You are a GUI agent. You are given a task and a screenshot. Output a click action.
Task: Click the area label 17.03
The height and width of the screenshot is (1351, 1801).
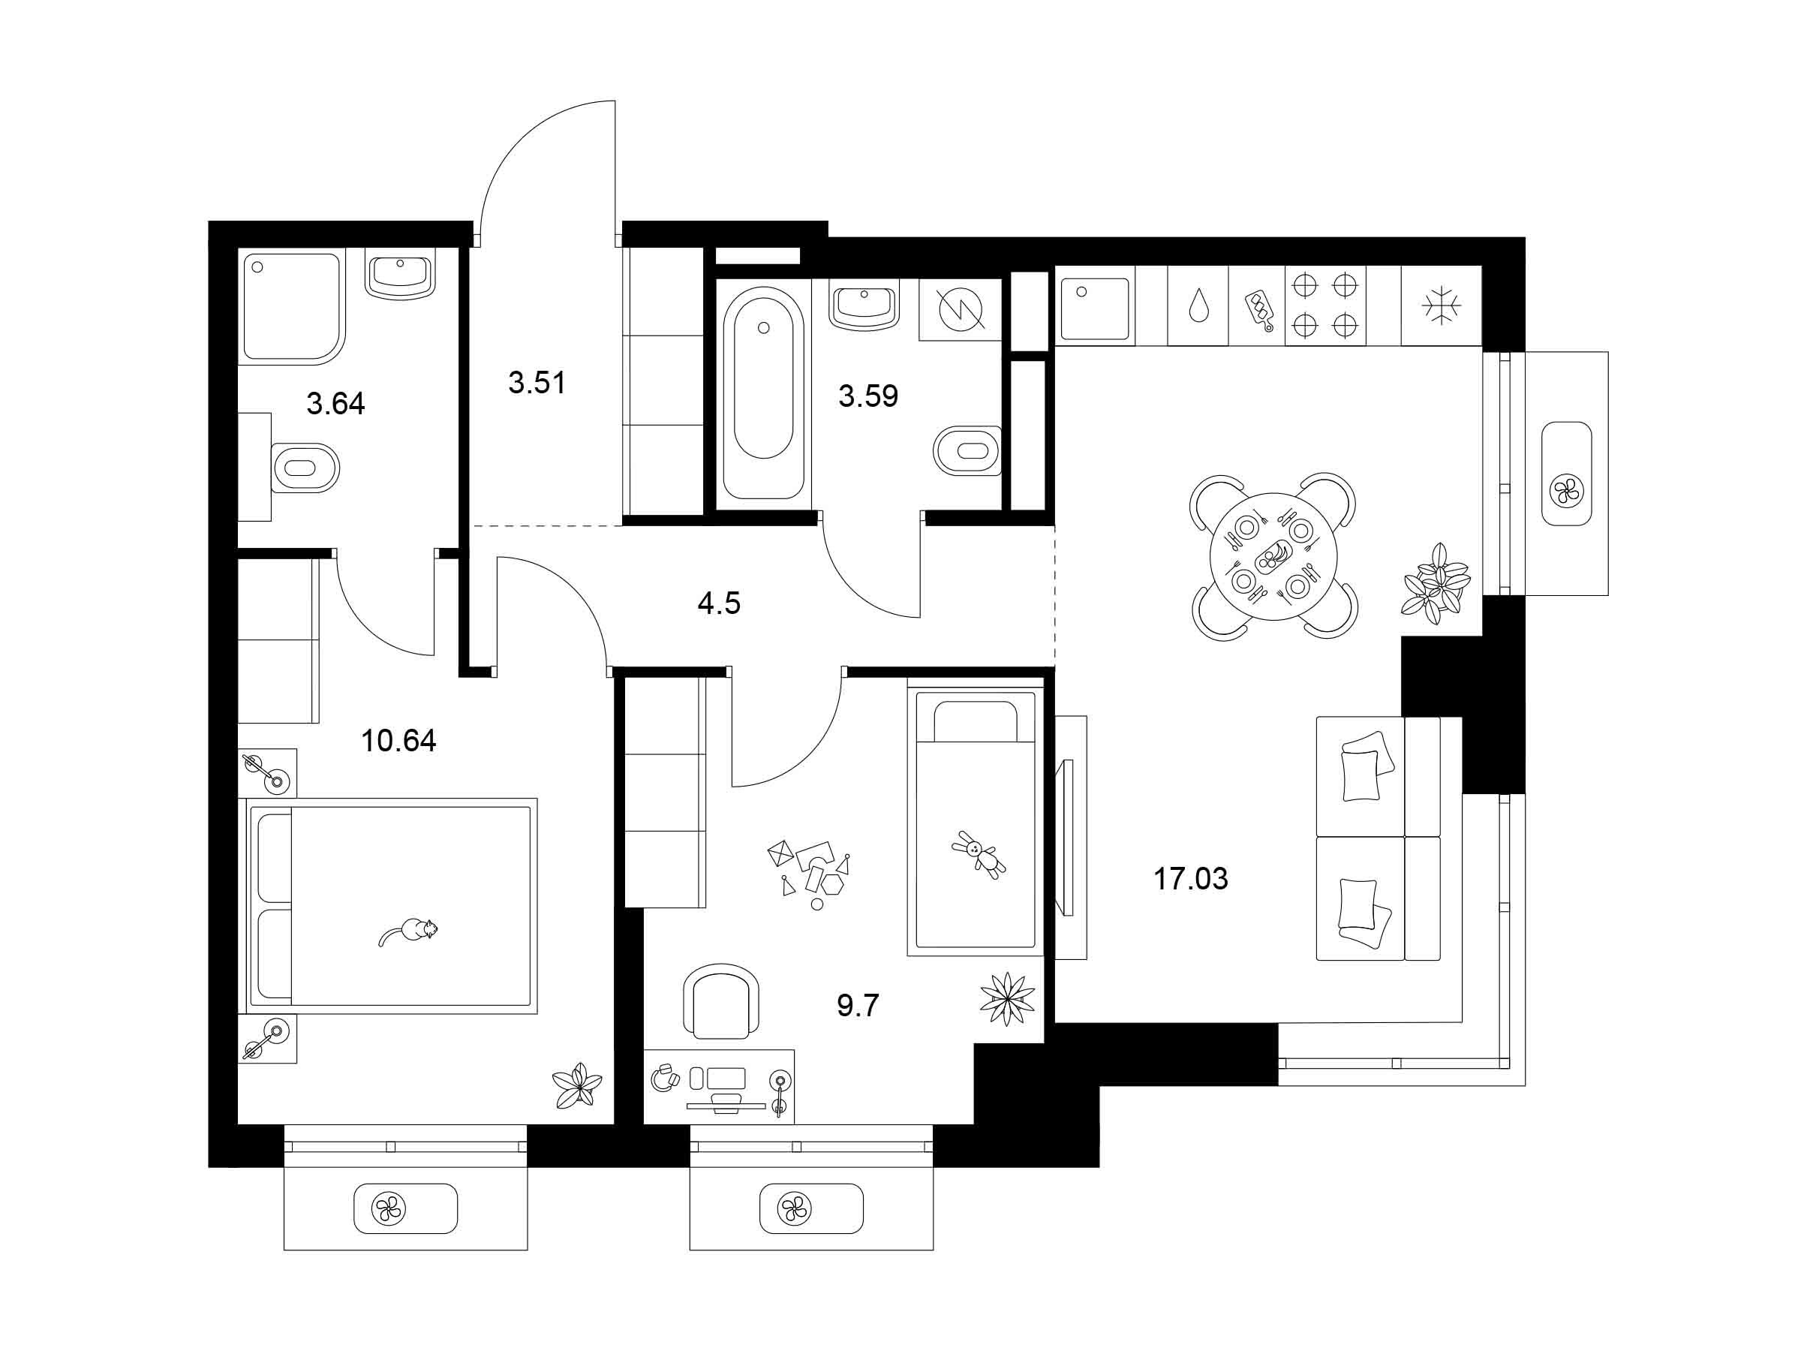[x=1190, y=879]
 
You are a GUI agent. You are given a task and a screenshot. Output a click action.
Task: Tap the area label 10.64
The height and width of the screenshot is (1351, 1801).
[x=398, y=740]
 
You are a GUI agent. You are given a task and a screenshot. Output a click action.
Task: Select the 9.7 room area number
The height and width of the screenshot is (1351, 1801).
[x=858, y=1006]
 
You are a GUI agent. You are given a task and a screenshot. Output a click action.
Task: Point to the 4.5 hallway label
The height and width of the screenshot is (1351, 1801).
[x=719, y=603]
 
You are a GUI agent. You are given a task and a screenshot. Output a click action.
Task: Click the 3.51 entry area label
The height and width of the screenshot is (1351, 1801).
[x=537, y=382]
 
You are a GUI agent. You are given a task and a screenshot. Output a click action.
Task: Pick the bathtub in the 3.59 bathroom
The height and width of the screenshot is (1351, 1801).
[x=763, y=393]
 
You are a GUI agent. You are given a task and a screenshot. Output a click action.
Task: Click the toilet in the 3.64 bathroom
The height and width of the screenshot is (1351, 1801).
[x=303, y=468]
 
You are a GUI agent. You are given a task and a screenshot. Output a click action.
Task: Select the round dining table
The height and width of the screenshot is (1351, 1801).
[x=1274, y=556]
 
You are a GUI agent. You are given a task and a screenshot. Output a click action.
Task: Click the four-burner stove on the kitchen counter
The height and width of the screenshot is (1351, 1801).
[x=1324, y=305]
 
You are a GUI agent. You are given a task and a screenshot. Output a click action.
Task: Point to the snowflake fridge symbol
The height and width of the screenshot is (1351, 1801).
[x=1441, y=306]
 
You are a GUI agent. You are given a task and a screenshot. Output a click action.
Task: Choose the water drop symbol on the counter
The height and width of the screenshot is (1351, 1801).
[x=1198, y=307]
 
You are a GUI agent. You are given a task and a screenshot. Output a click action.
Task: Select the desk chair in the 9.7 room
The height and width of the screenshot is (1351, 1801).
[x=721, y=1000]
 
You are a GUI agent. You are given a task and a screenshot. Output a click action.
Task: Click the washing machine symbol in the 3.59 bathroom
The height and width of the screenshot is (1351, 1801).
[x=961, y=309]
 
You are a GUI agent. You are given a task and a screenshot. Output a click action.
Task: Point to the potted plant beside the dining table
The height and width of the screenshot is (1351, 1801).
[x=1436, y=584]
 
